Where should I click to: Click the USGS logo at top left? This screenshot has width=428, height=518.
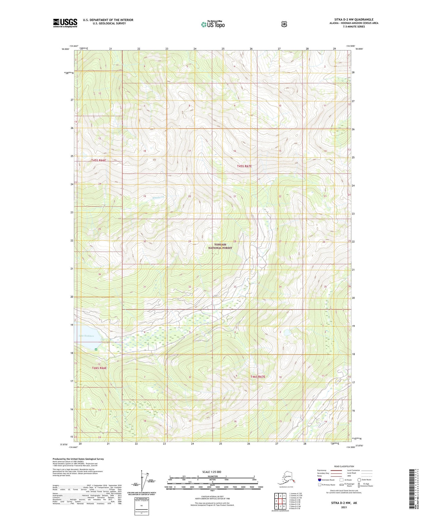65,23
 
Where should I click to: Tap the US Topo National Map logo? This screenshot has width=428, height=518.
213,24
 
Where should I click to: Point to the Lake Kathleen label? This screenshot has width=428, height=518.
86,336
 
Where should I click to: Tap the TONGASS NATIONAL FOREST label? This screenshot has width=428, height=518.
220,246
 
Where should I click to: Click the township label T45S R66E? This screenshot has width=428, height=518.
99,160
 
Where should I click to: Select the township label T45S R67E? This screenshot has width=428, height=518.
244,166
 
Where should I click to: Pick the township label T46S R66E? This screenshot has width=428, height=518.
99,368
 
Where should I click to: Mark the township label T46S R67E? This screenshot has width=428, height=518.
258,377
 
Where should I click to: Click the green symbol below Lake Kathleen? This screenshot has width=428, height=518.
96,349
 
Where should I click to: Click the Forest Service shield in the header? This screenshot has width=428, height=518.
284,24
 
